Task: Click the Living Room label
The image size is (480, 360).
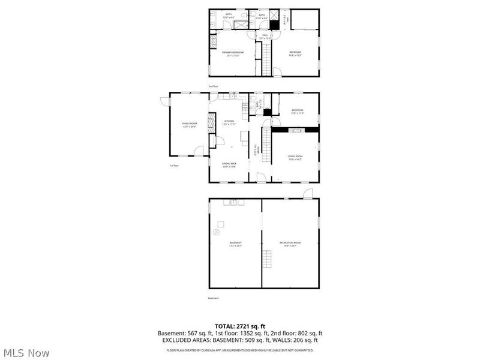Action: point(295,158)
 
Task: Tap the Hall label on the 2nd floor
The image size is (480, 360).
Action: point(265,37)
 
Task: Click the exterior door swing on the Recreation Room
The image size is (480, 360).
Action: point(308,193)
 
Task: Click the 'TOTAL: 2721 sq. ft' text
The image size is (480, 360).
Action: point(240,326)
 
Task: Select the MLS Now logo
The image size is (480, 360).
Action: point(26,353)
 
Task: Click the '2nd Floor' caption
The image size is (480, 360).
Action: point(214,86)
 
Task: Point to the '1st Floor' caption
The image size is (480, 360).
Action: point(175,166)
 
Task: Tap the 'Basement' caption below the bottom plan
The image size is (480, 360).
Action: point(214,298)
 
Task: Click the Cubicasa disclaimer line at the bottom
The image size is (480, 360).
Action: point(240,350)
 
